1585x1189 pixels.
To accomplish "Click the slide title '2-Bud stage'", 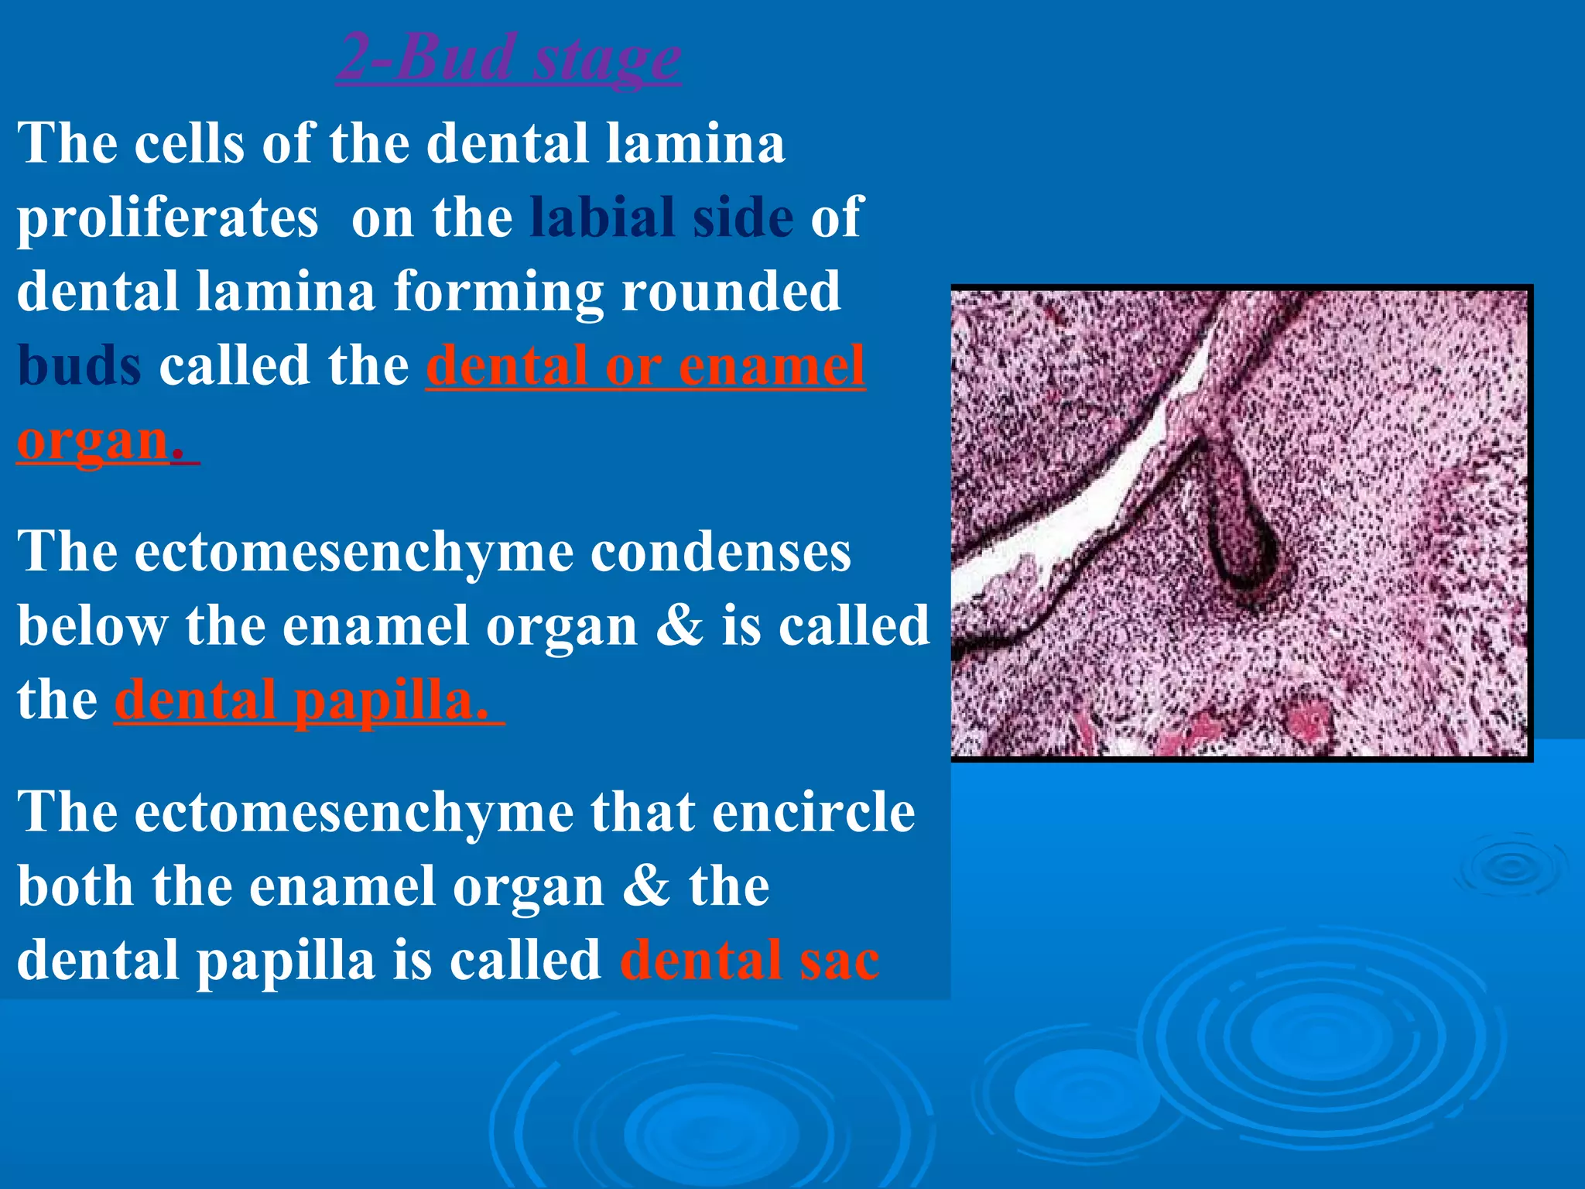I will tap(508, 57).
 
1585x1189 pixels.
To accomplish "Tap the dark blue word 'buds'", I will tap(79, 365).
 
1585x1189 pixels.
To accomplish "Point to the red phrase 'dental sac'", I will tap(749, 960).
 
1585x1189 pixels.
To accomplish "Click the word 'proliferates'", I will tap(168, 218).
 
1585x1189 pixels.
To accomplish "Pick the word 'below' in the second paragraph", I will tap(92, 625).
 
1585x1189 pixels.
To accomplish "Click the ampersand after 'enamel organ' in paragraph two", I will tap(679, 625).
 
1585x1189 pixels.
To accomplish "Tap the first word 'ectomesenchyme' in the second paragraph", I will tap(354, 553).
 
